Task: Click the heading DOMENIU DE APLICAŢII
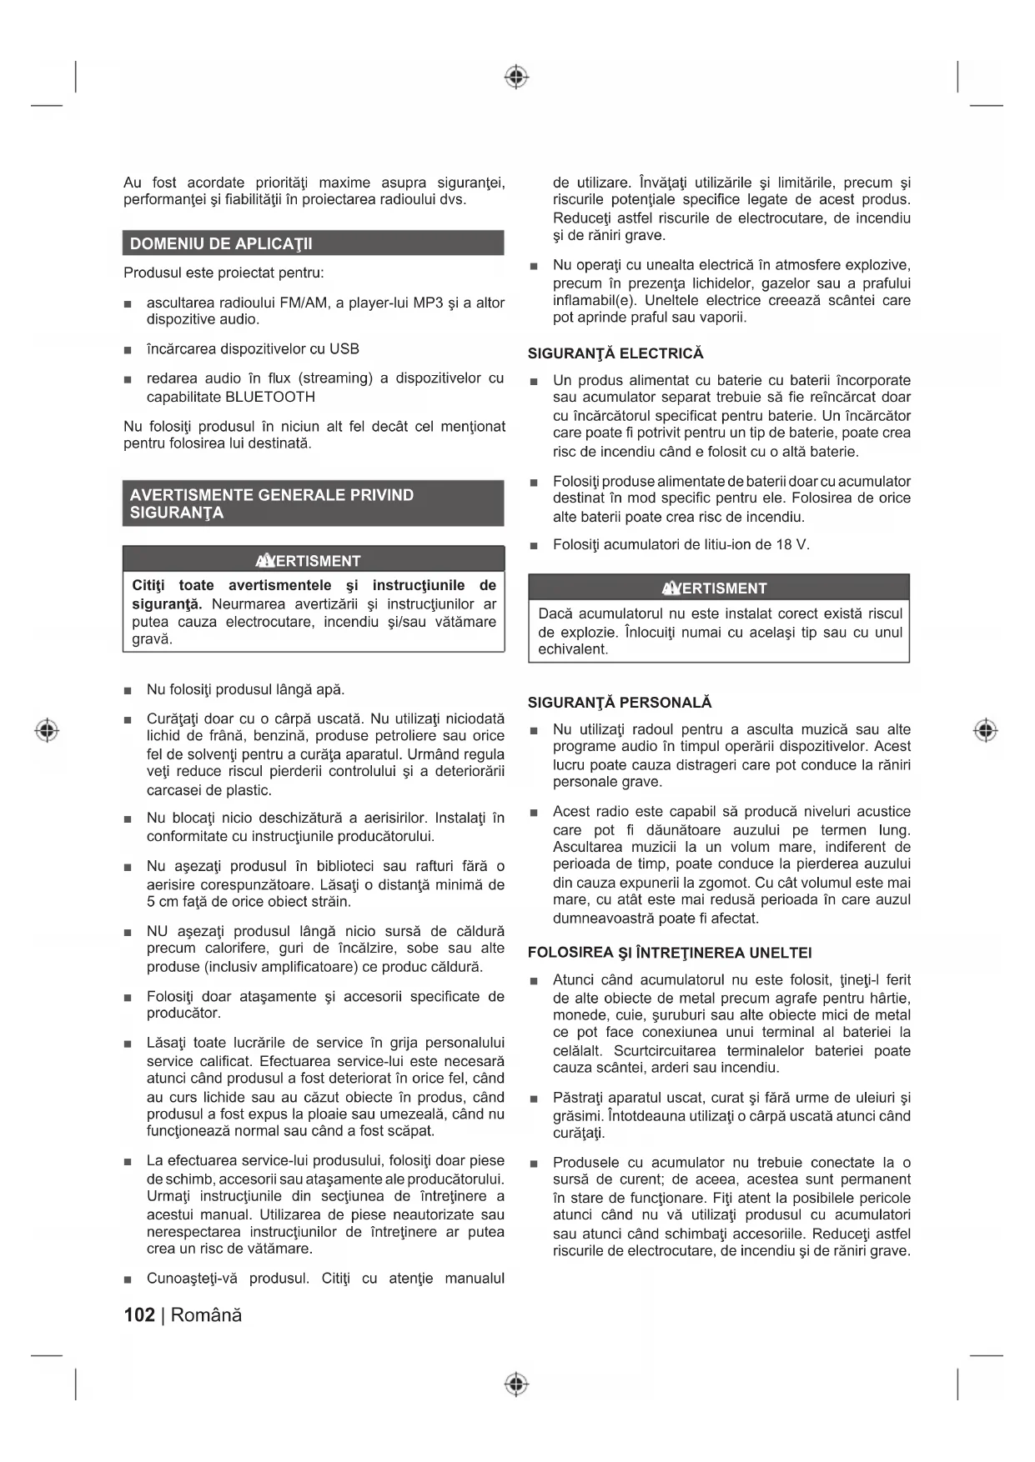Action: [x=221, y=244]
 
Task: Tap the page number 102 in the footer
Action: [x=139, y=1314]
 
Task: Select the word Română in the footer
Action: [x=207, y=1314]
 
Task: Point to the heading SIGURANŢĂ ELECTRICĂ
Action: [x=615, y=353]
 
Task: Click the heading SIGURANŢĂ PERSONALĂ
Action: [x=620, y=703]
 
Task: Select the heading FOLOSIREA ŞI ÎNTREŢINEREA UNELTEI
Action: [x=670, y=953]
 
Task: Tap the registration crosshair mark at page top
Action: [x=517, y=78]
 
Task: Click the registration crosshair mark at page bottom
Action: [x=517, y=1384]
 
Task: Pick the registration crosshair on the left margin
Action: [x=48, y=730]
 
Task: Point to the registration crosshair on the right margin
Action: [x=986, y=730]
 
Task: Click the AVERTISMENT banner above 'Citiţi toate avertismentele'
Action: [x=314, y=560]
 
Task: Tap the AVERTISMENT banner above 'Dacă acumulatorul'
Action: [x=719, y=588]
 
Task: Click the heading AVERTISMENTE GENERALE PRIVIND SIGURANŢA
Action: [x=272, y=503]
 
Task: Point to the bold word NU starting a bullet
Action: [x=157, y=931]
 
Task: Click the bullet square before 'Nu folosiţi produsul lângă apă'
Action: [x=128, y=690]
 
